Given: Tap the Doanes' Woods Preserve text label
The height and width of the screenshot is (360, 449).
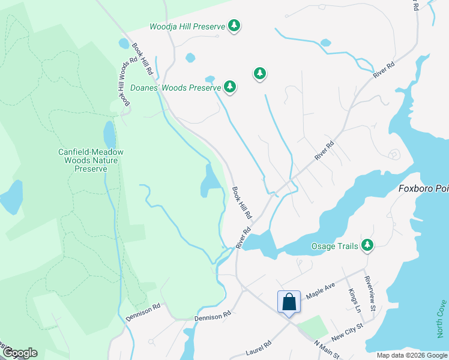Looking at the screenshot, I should click(x=176, y=88).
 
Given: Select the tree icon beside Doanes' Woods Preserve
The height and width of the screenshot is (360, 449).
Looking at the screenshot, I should click(x=229, y=87).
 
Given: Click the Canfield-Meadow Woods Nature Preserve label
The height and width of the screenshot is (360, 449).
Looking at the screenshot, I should click(x=91, y=160).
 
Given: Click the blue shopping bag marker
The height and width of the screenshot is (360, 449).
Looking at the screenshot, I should click(x=289, y=302).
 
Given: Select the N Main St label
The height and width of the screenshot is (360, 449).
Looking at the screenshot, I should click(x=327, y=349).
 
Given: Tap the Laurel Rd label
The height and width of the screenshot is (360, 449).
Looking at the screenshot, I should click(x=258, y=344).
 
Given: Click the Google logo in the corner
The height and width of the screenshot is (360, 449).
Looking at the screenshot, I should click(x=19, y=353).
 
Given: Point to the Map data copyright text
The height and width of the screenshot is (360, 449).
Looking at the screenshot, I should click(x=411, y=355).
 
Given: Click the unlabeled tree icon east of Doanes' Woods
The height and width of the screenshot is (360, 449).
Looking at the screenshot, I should click(x=259, y=73).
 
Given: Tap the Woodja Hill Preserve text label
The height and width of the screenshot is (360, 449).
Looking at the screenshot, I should click(x=187, y=26).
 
